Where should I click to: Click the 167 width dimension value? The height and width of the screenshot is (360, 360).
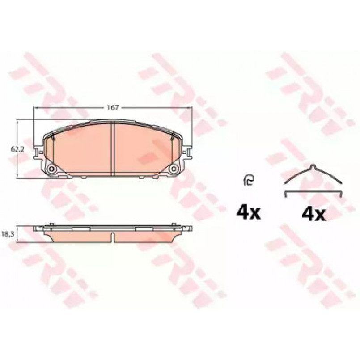point(113,107)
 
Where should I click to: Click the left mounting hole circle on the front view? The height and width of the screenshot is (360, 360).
point(52,169)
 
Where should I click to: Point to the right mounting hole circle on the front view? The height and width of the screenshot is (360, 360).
point(174,169)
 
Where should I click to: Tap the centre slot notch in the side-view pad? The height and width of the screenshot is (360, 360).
point(113,237)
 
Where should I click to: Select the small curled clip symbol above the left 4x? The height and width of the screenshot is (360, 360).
point(248,180)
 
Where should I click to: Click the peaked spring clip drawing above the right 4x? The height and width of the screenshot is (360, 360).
point(313,174)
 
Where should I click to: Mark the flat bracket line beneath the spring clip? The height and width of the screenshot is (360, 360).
point(313,191)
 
